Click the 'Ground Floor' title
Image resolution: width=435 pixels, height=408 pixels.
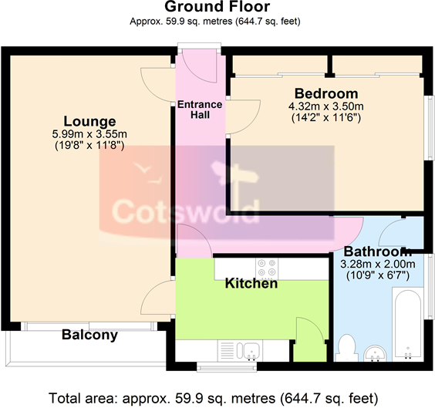[x=217, y=8]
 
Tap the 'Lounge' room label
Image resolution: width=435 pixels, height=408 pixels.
[x=89, y=121]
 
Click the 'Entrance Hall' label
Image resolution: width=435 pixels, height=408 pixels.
[x=200, y=110]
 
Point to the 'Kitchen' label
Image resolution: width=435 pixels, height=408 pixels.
[x=251, y=284]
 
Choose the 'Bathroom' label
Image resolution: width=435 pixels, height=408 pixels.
[x=376, y=252]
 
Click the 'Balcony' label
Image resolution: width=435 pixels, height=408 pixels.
[x=89, y=335]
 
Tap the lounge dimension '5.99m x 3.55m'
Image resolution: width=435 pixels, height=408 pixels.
[x=89, y=133]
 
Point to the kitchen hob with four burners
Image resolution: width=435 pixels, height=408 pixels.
[x=267, y=267]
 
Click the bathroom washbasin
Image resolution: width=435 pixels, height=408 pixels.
[x=376, y=353]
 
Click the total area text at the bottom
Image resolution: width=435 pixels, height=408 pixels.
[x=214, y=398]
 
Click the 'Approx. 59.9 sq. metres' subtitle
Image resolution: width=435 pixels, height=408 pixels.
[x=216, y=22]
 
